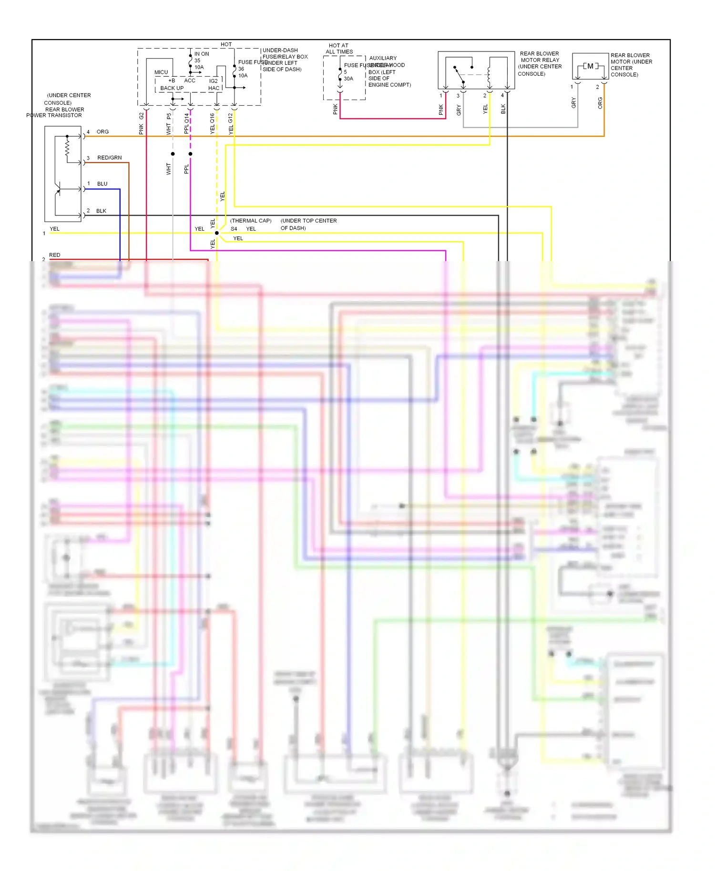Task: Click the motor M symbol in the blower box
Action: pyautogui.click(x=590, y=66)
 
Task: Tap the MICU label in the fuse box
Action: pyautogui.click(x=161, y=72)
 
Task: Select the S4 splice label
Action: pyautogui.click(x=234, y=229)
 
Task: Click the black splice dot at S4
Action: pyautogui.click(x=217, y=233)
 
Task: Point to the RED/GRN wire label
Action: pyautogui.click(x=109, y=158)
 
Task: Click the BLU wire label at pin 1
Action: pyautogui.click(x=102, y=184)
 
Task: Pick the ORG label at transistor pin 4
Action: pyautogui.click(x=102, y=132)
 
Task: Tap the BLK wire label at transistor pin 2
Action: pyautogui.click(x=101, y=211)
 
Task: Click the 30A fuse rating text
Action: pyautogui.click(x=348, y=79)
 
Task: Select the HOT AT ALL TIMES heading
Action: pyautogui.click(x=339, y=49)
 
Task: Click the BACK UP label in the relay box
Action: pyautogui.click(x=172, y=88)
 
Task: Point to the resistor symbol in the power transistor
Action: pyautogui.click(x=67, y=148)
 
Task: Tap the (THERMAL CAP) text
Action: pyautogui.click(x=251, y=221)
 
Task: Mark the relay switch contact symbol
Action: pyautogui.click(x=459, y=75)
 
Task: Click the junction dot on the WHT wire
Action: pyautogui.click(x=173, y=154)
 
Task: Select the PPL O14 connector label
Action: pyautogui.click(x=186, y=123)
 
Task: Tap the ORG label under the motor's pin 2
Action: pyautogui.click(x=600, y=103)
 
